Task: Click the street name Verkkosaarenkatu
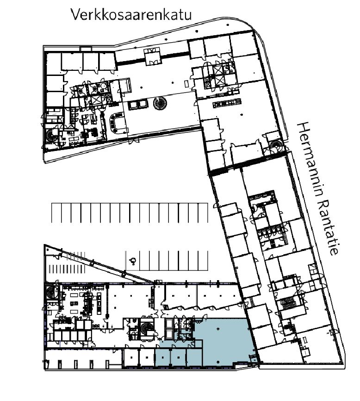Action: [131, 14]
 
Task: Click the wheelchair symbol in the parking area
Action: [133, 261]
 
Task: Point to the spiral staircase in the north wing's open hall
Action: [160, 103]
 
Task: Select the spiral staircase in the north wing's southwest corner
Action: [52, 135]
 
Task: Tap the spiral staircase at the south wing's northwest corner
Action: [53, 292]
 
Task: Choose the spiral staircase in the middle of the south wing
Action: [146, 328]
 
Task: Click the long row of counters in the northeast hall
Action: [227, 103]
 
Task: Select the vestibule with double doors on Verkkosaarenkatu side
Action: [152, 57]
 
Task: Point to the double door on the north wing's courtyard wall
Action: [134, 140]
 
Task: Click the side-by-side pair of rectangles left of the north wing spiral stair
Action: [138, 105]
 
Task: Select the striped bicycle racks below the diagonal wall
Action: [67, 269]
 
